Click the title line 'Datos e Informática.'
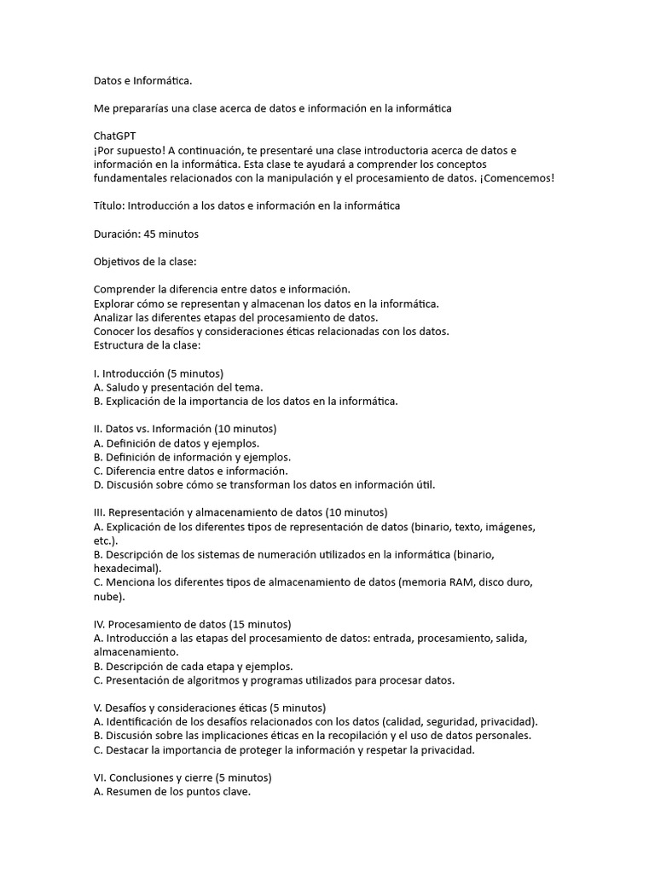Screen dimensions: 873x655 pos(142,81)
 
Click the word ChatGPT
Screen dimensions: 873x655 pos(114,136)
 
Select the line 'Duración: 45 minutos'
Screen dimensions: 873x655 pos(146,233)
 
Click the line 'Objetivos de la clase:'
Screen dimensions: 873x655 pos(145,261)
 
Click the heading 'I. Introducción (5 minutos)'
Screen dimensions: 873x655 pos(159,373)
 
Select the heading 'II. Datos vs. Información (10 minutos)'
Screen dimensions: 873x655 pos(185,428)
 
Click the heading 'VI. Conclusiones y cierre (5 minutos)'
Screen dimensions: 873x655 pos(182,777)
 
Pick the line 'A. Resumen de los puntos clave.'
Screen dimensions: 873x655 pos(172,791)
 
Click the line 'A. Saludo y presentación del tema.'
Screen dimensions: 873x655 pos(177,386)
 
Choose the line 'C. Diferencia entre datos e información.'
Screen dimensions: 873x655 pos(191,471)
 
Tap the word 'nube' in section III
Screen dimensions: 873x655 pos(107,596)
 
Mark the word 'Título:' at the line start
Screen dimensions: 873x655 pos(112,205)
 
